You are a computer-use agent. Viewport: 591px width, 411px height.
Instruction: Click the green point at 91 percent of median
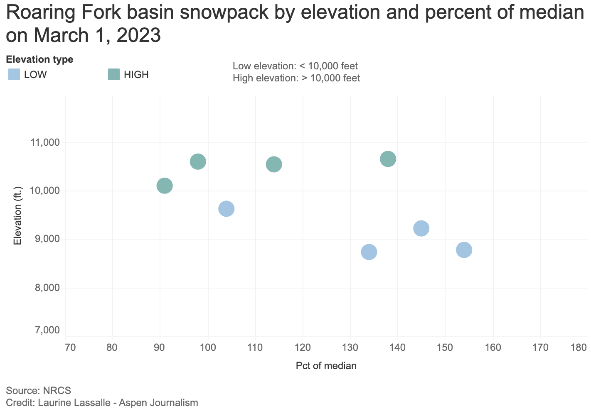pyautogui.click(x=165, y=186)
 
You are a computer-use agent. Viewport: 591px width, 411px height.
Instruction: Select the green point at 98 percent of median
pyautogui.click(x=198, y=161)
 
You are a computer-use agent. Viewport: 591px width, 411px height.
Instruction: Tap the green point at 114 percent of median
pyautogui.click(x=274, y=164)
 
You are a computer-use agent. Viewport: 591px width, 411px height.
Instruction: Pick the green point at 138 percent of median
pyautogui.click(x=388, y=159)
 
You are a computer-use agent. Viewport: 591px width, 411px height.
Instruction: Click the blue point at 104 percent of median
pyautogui.click(x=226, y=208)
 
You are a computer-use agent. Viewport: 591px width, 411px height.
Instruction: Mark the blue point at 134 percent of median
pyautogui.click(x=369, y=252)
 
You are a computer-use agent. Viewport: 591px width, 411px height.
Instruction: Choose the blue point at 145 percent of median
pyautogui.click(x=421, y=228)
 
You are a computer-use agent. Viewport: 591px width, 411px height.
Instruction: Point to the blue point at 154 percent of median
pyautogui.click(x=464, y=250)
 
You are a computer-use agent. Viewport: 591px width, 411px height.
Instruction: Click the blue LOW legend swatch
pyautogui.click(x=14, y=75)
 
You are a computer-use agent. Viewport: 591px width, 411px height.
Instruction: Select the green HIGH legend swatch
pyautogui.click(x=113, y=75)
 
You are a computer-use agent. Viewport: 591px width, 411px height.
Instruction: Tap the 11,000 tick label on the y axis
pyautogui.click(x=45, y=143)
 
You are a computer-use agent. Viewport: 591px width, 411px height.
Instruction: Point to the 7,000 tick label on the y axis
pyautogui.click(x=48, y=330)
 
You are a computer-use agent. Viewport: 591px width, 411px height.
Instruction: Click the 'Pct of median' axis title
pyautogui.click(x=326, y=366)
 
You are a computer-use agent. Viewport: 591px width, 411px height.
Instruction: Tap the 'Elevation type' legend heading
pyautogui.click(x=40, y=59)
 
